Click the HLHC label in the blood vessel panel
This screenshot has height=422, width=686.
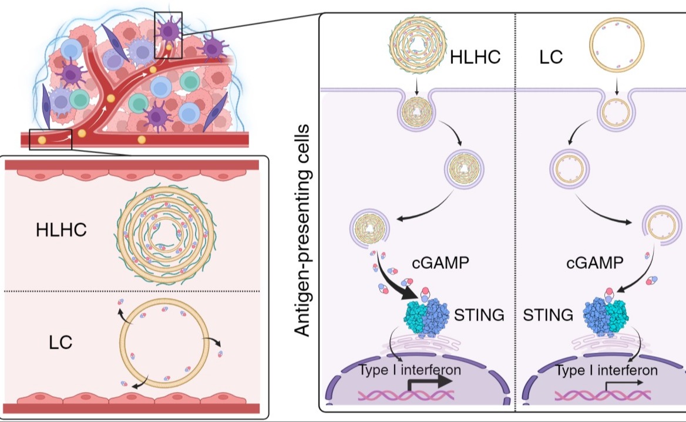click(61, 230)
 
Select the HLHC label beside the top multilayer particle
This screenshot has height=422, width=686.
click(476, 58)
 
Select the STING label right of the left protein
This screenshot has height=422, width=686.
click(479, 315)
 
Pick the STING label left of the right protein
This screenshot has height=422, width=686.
click(548, 315)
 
